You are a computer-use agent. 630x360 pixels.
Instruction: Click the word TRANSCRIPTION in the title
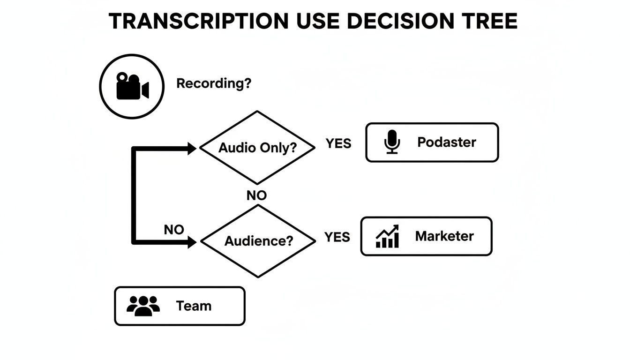point(199,22)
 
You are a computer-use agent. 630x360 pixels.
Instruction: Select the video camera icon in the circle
point(132,86)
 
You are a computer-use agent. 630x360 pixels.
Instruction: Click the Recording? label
point(214,84)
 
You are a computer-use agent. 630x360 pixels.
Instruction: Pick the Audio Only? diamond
point(257,148)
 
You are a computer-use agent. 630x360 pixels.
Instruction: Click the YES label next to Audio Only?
point(338,143)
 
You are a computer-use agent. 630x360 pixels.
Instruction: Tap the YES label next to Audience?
point(337,237)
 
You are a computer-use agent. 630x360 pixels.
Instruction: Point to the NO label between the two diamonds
point(256,195)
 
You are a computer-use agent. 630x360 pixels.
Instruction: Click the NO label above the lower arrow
point(174,230)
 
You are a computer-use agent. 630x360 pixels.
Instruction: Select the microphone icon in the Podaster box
point(392,142)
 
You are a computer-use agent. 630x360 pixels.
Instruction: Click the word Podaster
point(446,142)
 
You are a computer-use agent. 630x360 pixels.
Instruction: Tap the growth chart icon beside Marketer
point(387,236)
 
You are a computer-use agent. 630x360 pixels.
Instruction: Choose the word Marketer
point(444,236)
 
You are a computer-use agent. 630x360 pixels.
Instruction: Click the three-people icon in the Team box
point(143,306)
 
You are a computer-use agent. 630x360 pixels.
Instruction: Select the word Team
point(194,306)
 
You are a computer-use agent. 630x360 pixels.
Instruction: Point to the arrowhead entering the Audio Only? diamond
point(192,149)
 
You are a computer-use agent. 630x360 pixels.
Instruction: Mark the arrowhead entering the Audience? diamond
point(192,242)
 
